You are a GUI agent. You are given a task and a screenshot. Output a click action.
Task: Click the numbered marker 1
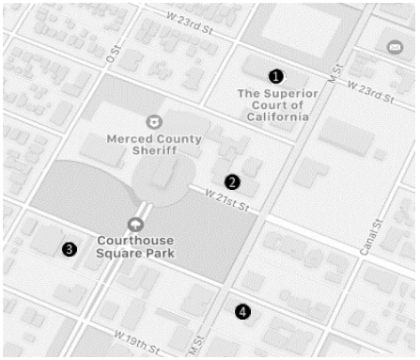click(x=275, y=74)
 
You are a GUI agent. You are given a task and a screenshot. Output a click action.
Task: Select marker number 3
click(x=69, y=249)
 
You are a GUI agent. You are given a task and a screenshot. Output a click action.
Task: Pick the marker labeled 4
click(x=243, y=310)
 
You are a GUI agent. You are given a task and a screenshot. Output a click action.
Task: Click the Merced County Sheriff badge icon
click(x=152, y=121)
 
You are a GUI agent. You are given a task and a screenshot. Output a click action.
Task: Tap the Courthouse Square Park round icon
click(x=137, y=224)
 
